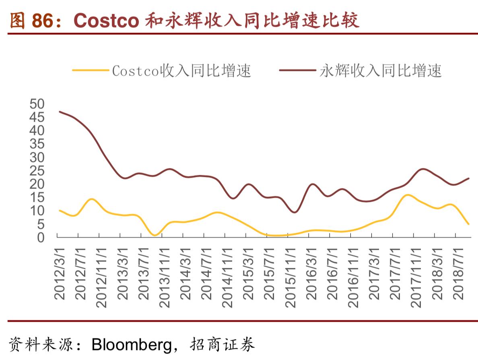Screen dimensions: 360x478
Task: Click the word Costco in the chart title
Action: click(x=106, y=21)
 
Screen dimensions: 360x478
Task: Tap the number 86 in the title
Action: click(x=43, y=21)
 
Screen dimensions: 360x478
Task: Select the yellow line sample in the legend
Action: click(x=91, y=70)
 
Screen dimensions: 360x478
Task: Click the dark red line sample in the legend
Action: click(x=297, y=70)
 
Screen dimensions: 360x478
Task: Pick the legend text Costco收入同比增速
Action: click(x=181, y=71)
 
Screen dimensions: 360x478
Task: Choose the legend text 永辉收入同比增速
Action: click(x=381, y=71)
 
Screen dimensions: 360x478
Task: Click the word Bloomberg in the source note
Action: click(x=131, y=345)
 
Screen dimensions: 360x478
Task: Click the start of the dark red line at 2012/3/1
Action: click(x=60, y=112)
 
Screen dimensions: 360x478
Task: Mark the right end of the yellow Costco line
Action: click(x=469, y=224)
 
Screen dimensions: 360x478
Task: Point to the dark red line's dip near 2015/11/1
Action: click(x=294, y=212)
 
